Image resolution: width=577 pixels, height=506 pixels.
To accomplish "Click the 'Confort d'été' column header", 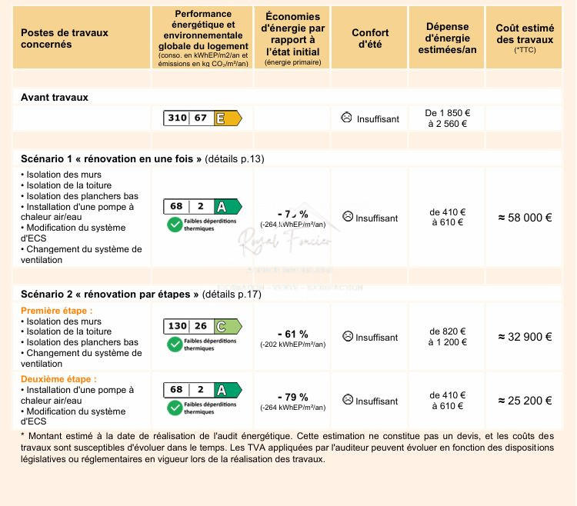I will click(x=370, y=38).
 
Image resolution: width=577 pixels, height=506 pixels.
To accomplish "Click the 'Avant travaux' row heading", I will click(x=55, y=98).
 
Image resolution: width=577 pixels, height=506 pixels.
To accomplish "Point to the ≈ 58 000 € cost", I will click(x=525, y=218).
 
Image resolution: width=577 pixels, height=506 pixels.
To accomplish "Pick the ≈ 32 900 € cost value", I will click(x=525, y=337).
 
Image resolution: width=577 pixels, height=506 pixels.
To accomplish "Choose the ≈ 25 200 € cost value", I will click(x=525, y=401).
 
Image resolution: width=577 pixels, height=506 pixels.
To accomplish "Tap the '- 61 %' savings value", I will click(x=292, y=334).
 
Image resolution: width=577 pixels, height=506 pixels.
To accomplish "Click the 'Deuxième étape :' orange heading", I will click(x=58, y=379).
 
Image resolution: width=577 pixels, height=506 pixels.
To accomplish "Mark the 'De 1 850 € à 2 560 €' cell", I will click(x=447, y=118).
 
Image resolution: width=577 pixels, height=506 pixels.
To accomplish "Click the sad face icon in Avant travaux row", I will click(x=347, y=118).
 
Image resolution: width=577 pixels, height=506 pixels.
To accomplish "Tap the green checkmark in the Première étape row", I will click(x=175, y=344).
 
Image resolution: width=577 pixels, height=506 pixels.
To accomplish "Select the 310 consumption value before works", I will click(x=177, y=118).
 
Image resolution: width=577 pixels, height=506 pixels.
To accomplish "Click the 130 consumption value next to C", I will click(x=177, y=326).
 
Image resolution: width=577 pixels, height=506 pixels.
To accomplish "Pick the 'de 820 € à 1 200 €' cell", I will click(x=447, y=337).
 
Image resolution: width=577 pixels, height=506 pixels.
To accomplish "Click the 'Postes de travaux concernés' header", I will click(x=64, y=38).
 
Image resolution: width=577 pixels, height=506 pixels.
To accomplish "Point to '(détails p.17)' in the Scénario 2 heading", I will click(x=232, y=294).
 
